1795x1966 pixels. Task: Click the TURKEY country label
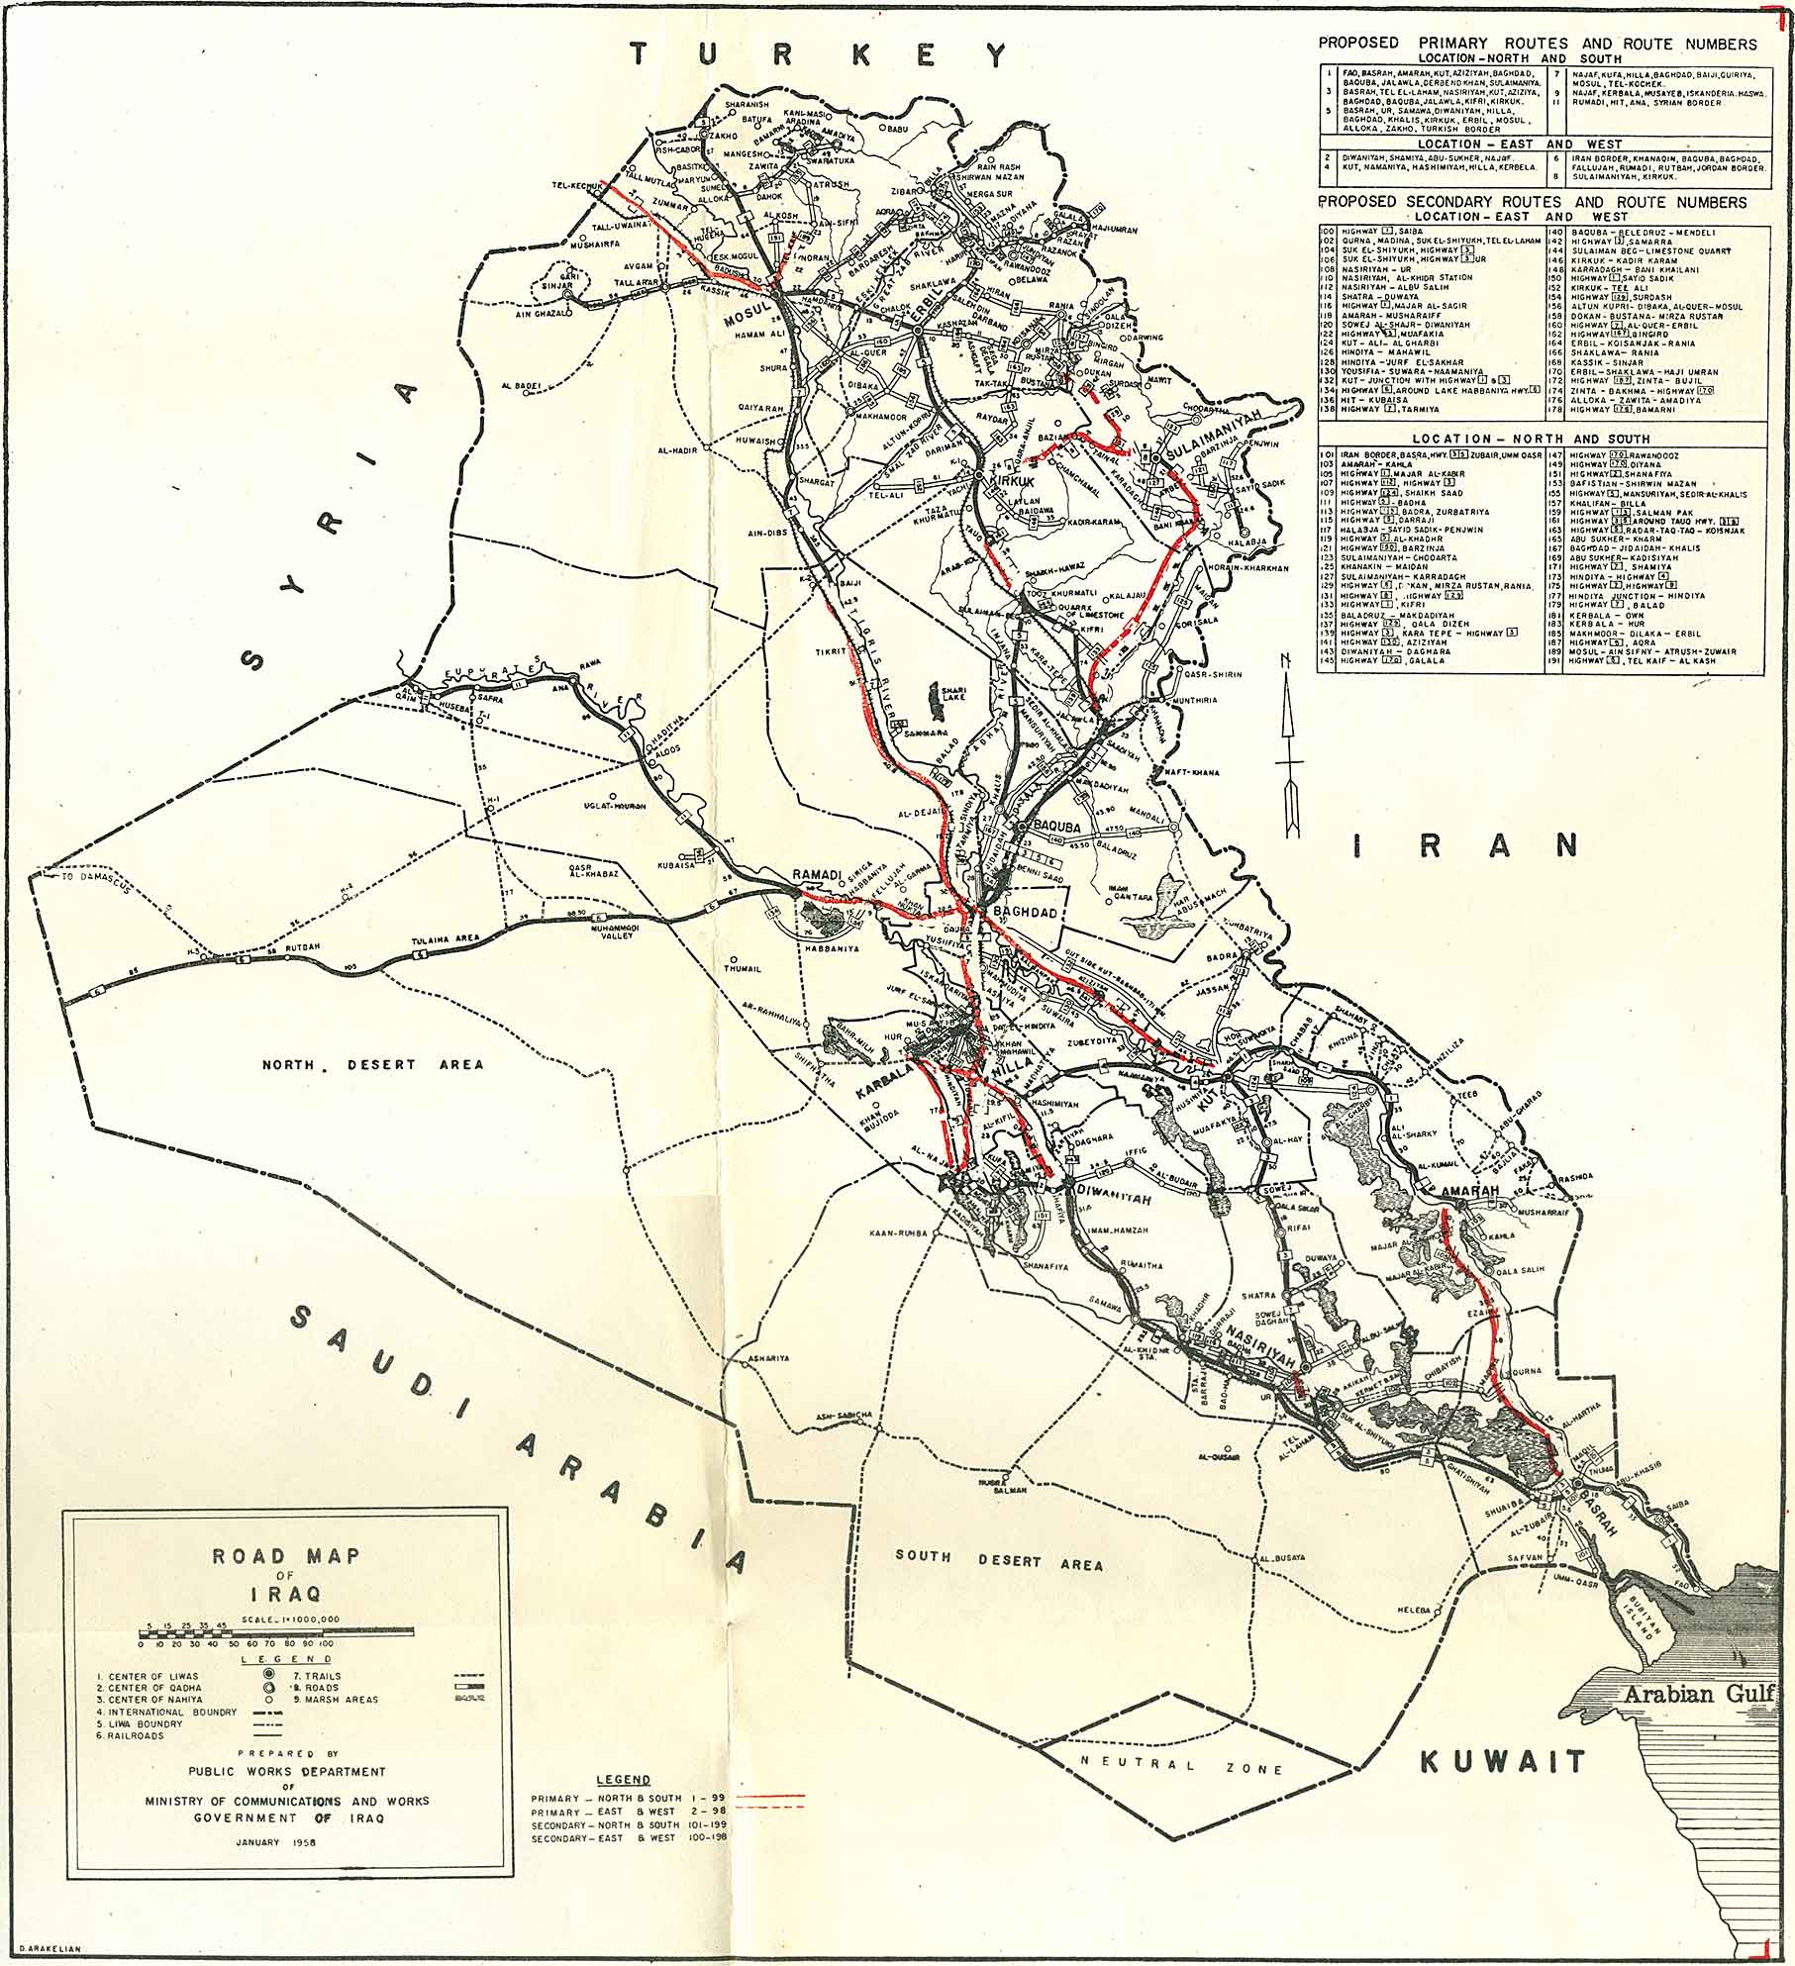point(819,54)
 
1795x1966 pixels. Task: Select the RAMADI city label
point(816,875)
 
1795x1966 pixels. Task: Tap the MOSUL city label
point(746,320)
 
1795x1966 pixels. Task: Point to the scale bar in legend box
point(276,1630)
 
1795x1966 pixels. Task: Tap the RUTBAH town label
point(303,947)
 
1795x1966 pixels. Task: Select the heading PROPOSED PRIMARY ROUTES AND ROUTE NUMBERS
point(1537,43)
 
